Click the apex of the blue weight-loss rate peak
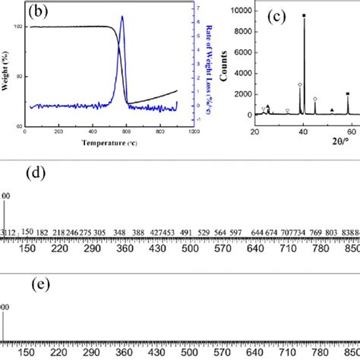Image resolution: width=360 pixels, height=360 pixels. pyautogui.click(x=122, y=17)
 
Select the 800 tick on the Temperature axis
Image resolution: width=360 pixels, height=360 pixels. pyautogui.click(x=159, y=131)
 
